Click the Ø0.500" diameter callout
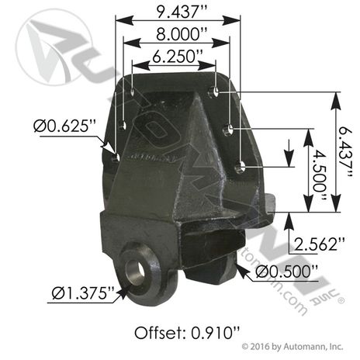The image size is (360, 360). tap(288, 271)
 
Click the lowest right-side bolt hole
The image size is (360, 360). tap(243, 164)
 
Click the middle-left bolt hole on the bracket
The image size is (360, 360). tap(124, 125)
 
